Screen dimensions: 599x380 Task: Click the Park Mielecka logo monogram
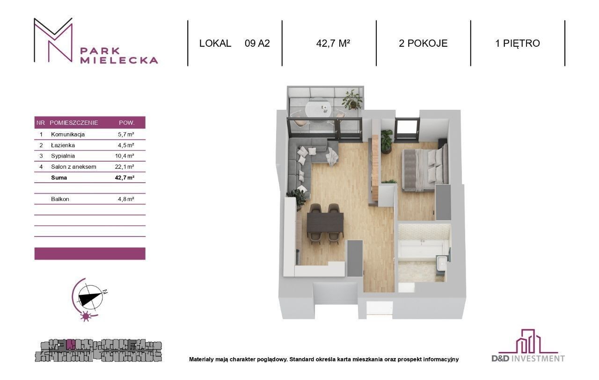click(53, 40)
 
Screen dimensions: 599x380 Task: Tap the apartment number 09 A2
click(257, 43)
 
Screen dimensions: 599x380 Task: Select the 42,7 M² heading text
click(333, 43)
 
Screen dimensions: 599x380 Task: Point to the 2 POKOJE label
click(423, 43)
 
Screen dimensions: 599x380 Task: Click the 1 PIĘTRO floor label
click(518, 43)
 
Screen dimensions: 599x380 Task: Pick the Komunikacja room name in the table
click(68, 134)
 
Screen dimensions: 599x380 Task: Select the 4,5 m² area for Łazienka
click(126, 145)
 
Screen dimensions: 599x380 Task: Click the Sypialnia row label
click(63, 156)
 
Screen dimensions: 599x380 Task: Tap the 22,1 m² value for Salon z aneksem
click(124, 167)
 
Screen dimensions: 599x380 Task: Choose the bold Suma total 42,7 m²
click(124, 178)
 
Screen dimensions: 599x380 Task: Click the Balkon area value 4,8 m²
click(126, 199)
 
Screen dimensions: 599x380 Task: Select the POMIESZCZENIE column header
click(74, 123)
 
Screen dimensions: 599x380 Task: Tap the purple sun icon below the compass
click(86, 316)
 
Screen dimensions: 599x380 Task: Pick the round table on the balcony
click(319, 108)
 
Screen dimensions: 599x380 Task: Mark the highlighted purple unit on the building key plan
click(70, 345)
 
